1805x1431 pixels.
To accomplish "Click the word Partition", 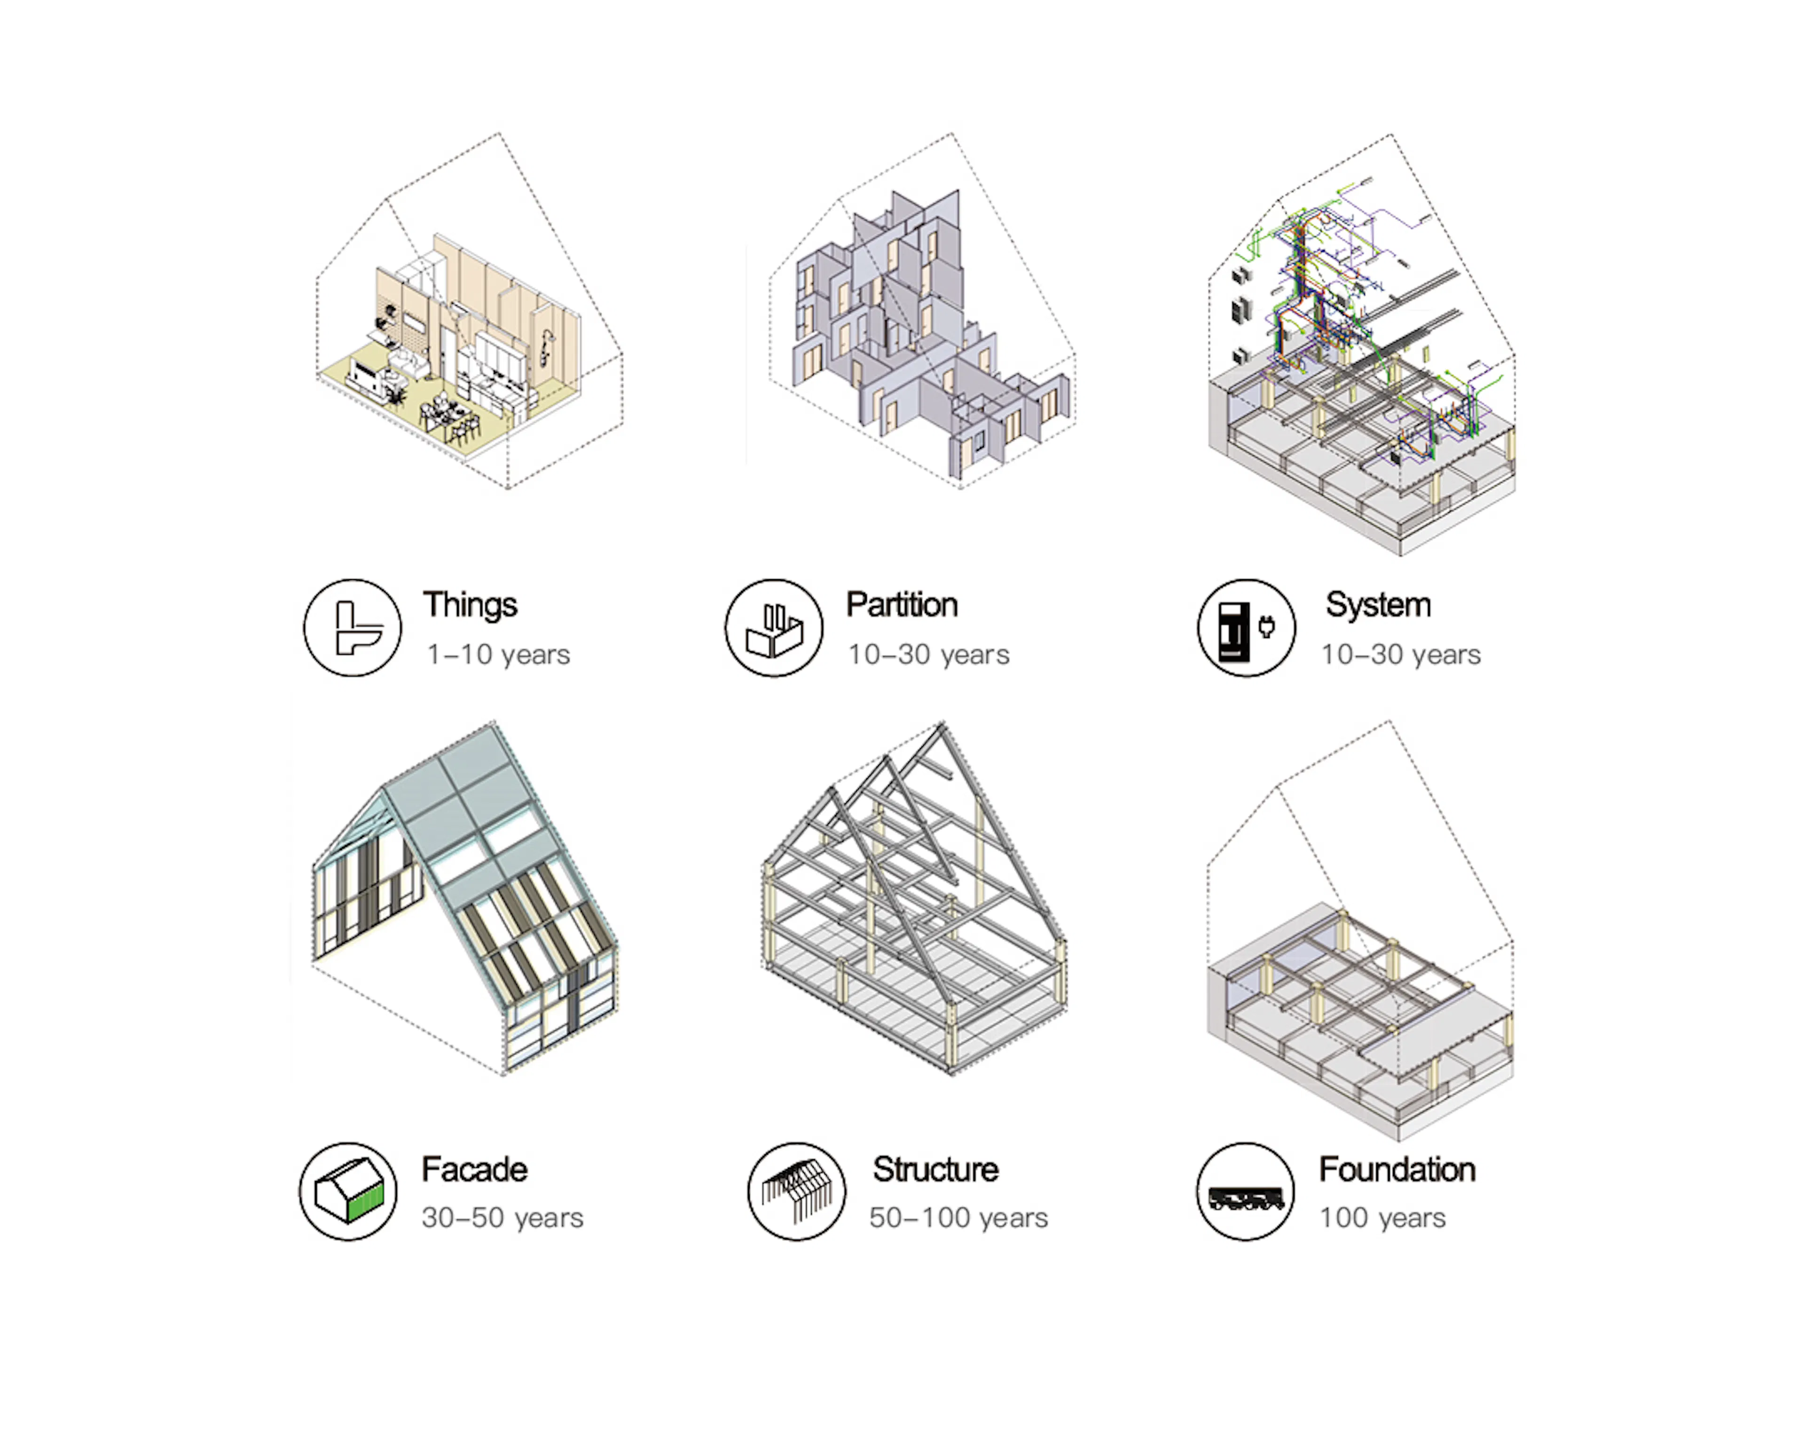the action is [x=902, y=605].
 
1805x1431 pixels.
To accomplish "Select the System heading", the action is [x=1378, y=605].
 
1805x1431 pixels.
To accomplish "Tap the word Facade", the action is [x=474, y=1169].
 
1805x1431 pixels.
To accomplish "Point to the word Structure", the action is [x=935, y=1169].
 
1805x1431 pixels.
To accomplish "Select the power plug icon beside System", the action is [x=1266, y=626].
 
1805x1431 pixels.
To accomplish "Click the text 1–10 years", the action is [x=498, y=654].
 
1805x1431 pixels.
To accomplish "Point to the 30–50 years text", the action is [x=502, y=1218].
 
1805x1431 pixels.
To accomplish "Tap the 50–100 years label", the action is [x=958, y=1218].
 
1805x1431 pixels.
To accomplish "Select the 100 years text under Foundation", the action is [x=1383, y=1218].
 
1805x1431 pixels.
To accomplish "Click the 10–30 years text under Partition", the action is [x=928, y=654].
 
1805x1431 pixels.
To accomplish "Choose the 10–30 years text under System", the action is [x=1401, y=654].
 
